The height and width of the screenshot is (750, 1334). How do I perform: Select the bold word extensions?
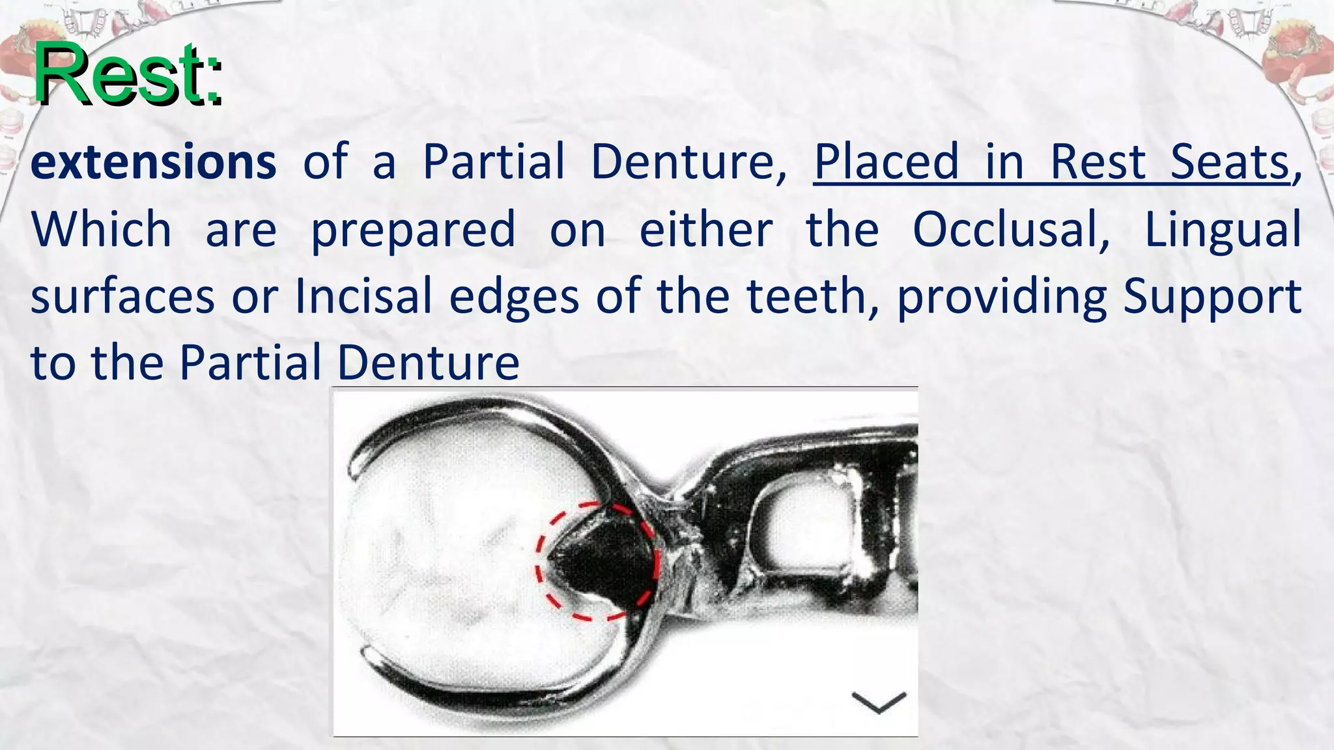point(153,162)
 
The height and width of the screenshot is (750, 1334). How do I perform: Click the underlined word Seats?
point(1230,162)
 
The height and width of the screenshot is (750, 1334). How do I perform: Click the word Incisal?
point(363,296)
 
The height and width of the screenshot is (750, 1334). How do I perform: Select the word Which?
point(102,229)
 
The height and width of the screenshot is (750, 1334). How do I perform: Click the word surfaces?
point(122,297)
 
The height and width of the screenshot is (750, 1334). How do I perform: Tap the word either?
point(706,229)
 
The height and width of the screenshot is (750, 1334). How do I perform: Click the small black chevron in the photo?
point(879,702)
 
